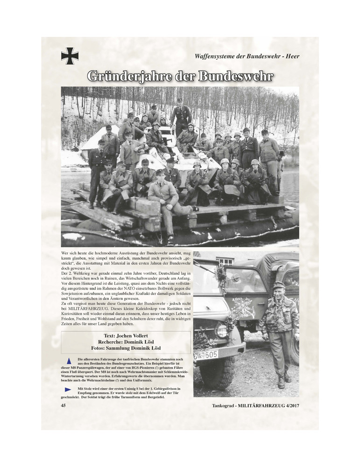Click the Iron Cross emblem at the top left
(70, 56)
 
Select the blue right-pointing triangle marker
(68, 389)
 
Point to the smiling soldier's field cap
(279, 284)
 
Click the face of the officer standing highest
(180, 102)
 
